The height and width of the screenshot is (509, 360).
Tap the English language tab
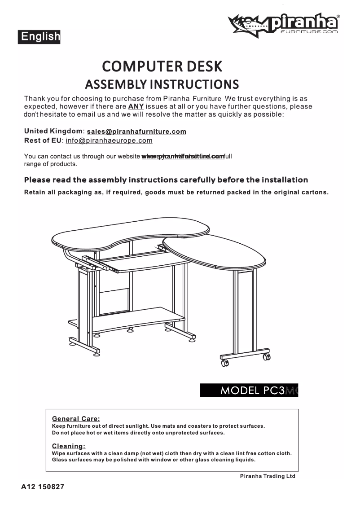[39, 36]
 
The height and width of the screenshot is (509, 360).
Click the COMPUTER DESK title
[162, 66]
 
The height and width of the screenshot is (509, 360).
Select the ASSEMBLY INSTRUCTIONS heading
[162, 84]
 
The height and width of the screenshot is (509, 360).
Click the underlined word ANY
[136, 106]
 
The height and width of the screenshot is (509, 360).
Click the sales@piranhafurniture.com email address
[136, 132]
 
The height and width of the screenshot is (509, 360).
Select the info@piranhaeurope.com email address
[109, 140]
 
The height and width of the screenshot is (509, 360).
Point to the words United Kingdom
[53, 131]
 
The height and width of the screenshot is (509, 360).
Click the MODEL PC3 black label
[249, 390]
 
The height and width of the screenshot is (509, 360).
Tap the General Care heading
[76, 419]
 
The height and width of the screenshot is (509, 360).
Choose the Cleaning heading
[69, 446]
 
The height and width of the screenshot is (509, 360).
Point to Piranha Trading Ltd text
[268, 476]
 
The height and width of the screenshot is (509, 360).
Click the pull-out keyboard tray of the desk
[148, 264]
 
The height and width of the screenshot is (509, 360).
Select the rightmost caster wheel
[267, 357]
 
